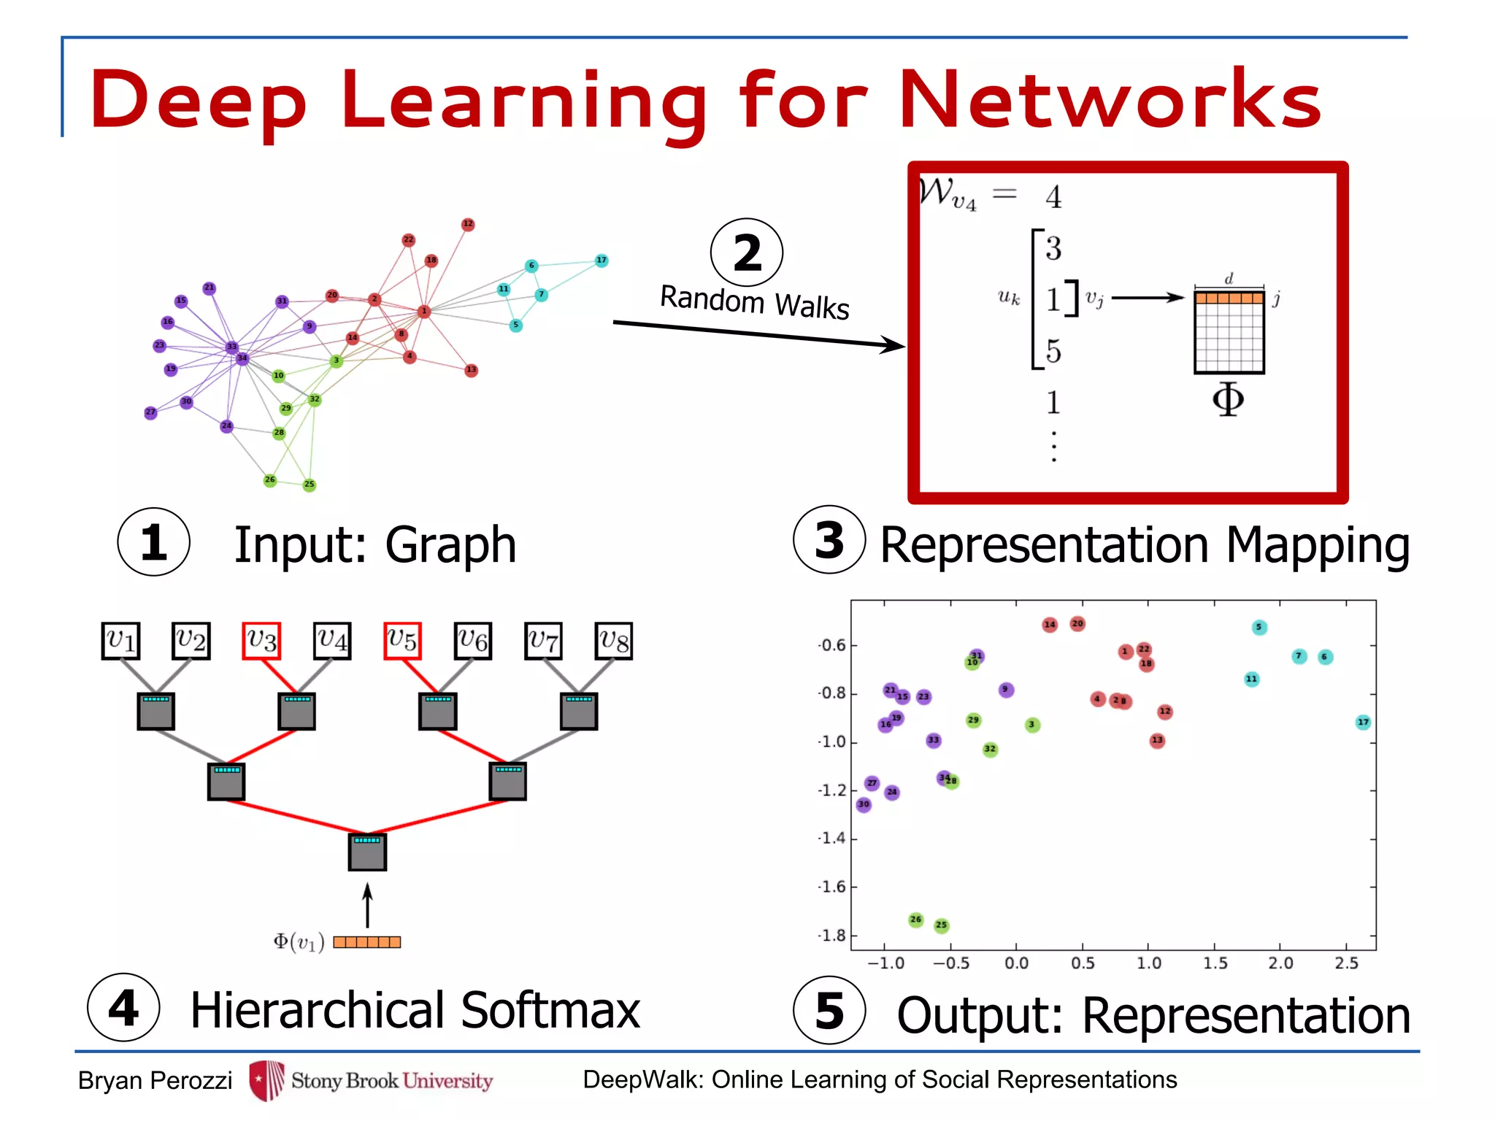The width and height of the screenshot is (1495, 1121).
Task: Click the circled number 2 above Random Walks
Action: (x=746, y=253)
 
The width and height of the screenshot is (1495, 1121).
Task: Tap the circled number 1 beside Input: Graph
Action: (x=153, y=542)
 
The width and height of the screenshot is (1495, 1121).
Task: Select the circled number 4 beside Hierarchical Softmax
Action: (x=123, y=1008)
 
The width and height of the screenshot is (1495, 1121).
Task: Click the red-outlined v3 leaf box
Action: (x=261, y=641)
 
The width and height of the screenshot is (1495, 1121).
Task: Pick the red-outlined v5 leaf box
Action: (x=402, y=641)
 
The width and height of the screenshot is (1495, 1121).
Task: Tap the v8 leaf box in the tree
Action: (x=614, y=641)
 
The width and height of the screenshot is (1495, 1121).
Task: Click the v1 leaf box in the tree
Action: (x=120, y=641)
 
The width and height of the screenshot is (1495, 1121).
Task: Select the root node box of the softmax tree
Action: (x=367, y=852)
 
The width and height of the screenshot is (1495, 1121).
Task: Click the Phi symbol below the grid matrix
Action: (x=1228, y=399)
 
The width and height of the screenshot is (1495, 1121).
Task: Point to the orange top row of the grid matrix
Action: (x=1229, y=298)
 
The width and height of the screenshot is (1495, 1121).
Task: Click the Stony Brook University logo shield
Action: (x=266, y=1080)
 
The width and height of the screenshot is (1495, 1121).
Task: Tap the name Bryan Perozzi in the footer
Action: (x=155, y=1080)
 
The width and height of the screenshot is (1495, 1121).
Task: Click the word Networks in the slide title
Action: (x=1110, y=99)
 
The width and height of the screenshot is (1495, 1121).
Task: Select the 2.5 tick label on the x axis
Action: (x=1346, y=963)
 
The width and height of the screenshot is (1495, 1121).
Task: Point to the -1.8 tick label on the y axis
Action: (x=832, y=936)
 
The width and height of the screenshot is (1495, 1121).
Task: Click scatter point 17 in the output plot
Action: (x=1363, y=723)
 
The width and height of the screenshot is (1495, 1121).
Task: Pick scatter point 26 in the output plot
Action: (x=916, y=920)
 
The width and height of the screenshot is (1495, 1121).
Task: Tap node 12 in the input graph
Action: (x=468, y=224)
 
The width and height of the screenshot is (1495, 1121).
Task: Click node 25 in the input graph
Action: (x=310, y=484)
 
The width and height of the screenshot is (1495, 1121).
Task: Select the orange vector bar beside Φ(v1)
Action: (x=366, y=942)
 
